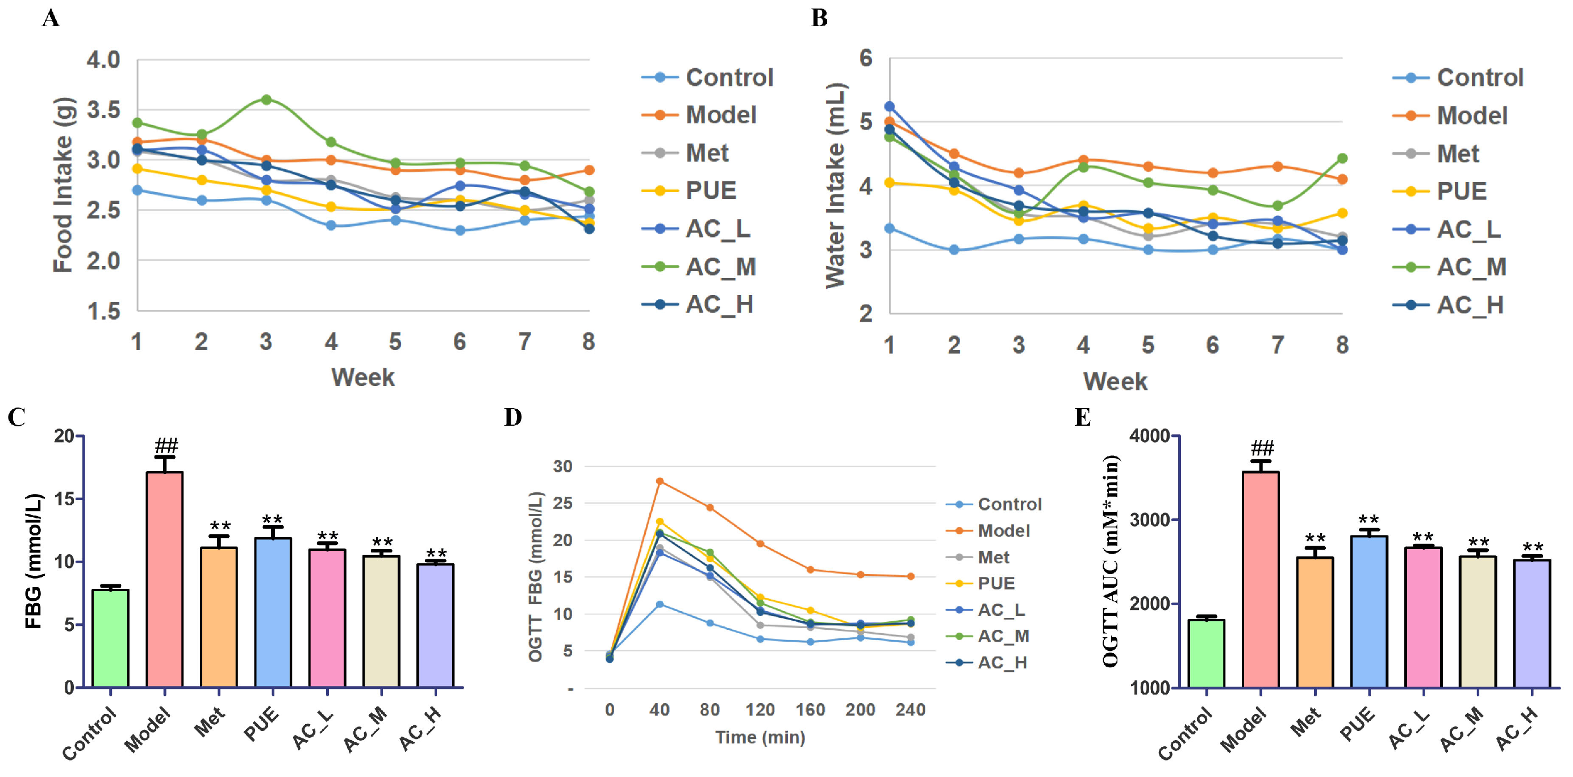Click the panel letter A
51,18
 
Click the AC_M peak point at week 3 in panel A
266,99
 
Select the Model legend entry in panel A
720,115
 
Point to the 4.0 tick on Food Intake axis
103,60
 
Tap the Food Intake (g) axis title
63,185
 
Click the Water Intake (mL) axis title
835,185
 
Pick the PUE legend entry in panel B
1461,191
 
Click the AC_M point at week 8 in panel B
1342,158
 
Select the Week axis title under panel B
1115,381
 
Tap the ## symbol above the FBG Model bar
166,445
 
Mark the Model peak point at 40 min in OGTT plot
660,481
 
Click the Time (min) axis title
760,737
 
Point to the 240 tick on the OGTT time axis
910,710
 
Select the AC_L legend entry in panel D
1002,610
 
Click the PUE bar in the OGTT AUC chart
1369,611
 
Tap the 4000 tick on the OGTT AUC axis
1149,435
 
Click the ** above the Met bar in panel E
1315,539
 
